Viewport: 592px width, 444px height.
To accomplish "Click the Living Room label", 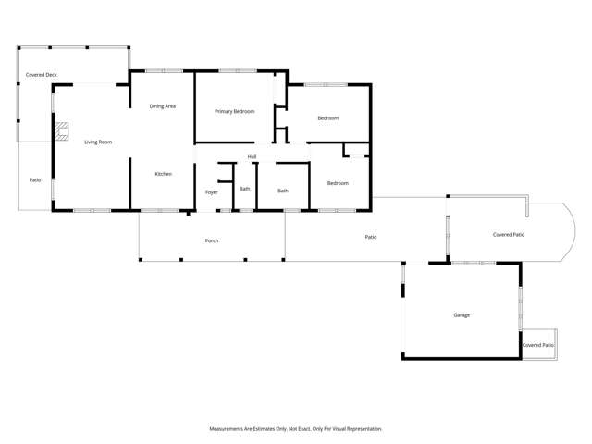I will pos(98,142).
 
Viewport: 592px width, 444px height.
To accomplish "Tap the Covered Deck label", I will pos(41,74).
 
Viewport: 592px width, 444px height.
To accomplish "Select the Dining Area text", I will pos(163,106).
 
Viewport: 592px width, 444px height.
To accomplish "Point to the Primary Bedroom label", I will pos(234,111).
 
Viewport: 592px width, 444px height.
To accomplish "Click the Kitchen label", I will pos(163,174).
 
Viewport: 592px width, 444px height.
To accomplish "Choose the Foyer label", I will pos(211,191).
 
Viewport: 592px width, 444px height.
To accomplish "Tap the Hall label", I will pos(252,156).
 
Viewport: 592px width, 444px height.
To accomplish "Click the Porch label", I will pos(212,240).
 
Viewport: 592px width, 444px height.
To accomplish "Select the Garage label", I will pos(462,315).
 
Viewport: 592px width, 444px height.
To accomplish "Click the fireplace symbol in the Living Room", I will pos(62,130).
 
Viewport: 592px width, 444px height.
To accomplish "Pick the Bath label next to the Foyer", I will pos(244,189).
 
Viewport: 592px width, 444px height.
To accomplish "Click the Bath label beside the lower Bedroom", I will pos(282,191).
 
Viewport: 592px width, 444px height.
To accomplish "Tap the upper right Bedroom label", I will pos(328,117).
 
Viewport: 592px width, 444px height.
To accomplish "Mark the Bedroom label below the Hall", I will pos(338,183).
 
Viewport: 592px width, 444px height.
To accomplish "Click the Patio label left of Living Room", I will pos(35,179).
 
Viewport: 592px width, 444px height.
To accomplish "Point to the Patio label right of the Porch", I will pos(370,237).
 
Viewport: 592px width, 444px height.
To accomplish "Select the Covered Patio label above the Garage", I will pos(509,235).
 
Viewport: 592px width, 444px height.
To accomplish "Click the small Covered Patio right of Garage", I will pos(538,345).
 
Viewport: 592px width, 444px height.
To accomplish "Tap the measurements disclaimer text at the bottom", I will pos(295,428).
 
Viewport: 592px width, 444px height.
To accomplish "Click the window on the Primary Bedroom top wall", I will pos(238,70).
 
